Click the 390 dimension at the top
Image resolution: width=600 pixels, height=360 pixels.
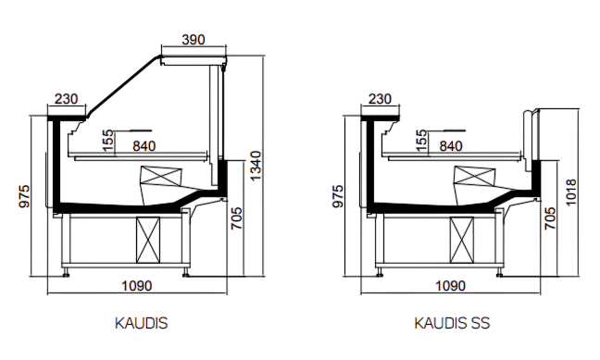pos(194,40)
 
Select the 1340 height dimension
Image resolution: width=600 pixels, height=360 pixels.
pos(256,166)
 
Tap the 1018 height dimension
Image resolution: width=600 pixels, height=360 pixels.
pos(570,192)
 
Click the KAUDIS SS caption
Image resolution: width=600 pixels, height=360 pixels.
pos(452,323)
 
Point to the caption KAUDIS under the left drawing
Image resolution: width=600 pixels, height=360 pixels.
pos(141,323)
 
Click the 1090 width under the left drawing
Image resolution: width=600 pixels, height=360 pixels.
pos(137,286)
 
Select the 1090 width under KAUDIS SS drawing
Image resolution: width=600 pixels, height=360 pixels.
pos(450,286)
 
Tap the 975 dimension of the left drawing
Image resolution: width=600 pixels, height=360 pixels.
pos(24,196)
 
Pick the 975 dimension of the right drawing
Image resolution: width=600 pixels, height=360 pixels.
pos(338,196)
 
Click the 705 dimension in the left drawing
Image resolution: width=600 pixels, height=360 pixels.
pos(237,218)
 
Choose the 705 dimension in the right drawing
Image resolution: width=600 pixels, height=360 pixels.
pos(550,218)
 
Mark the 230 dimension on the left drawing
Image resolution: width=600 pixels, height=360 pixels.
pos(66,99)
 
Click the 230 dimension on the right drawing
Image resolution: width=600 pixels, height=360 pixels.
pos(380,99)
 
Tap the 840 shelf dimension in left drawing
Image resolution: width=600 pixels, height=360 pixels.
pos(144,146)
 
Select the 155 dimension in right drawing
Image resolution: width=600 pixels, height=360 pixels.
pos(420,141)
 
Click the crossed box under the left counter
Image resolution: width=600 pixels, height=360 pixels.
pos(148,240)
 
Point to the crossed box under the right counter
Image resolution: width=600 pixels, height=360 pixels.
pos(462,240)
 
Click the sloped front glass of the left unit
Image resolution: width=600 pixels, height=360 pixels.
pos(123,86)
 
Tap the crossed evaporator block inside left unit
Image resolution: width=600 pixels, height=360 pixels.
pos(161,177)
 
